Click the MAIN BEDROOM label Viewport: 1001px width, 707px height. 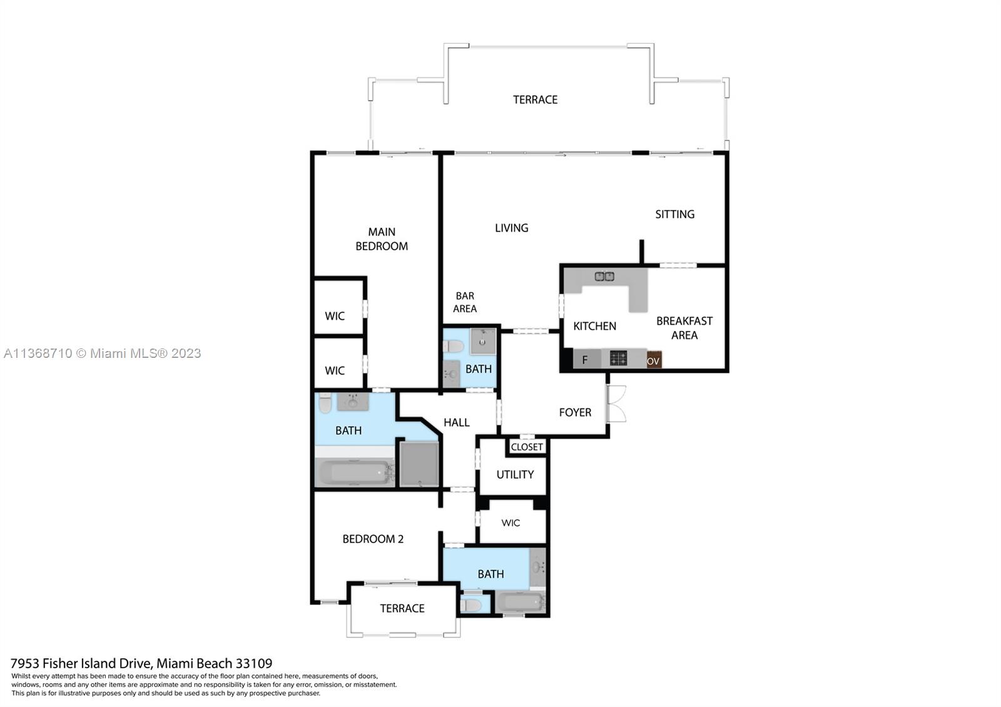pos(382,239)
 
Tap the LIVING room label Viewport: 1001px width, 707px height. pos(511,228)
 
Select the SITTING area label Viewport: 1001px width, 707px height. pos(674,214)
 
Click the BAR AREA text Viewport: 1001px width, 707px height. pos(465,302)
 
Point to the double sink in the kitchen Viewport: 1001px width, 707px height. pos(604,276)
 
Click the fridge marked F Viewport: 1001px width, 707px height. pos(585,360)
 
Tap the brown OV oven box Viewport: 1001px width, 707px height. pos(653,360)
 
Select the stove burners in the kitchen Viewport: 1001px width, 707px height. pos(618,359)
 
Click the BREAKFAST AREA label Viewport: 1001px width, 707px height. pos(684,328)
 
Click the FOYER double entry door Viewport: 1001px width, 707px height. pos(616,404)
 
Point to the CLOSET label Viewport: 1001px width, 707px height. pos(527,447)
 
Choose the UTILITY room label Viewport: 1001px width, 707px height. pos(515,474)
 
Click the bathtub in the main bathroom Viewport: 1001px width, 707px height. pos(353,472)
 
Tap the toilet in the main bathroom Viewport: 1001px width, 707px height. pos(325,402)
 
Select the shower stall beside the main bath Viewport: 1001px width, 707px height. pos(419,464)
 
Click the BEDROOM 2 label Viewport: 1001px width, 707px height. pos(373,539)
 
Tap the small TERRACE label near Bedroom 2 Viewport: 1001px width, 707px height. pos(402,608)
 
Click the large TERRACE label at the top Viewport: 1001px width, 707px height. pos(535,99)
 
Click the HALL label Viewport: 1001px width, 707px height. pos(456,422)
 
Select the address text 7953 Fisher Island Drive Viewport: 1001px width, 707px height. pos(141,663)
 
